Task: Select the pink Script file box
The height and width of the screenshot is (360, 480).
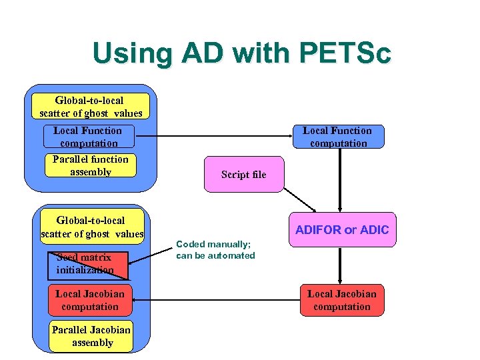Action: (243, 175)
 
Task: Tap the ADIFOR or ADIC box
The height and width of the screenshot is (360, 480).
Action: (341, 230)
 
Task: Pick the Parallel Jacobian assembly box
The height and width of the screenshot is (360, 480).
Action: (91, 336)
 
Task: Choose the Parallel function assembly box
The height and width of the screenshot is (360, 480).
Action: (90, 165)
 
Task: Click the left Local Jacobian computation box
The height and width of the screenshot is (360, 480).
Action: (89, 300)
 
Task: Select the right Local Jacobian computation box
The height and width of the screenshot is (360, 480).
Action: (341, 300)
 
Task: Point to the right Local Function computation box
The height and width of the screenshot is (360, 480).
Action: (338, 137)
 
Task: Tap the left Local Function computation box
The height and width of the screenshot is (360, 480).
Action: (88, 137)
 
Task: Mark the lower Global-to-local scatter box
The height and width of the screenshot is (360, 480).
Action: (91, 227)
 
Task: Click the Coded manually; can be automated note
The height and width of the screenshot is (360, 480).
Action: (215, 250)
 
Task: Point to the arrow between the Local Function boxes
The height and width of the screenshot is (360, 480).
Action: (213, 137)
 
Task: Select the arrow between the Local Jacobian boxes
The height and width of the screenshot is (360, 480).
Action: (213, 301)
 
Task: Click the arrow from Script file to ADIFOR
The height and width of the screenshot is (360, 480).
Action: (300, 201)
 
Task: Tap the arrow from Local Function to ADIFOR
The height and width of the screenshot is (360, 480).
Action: (340, 180)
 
